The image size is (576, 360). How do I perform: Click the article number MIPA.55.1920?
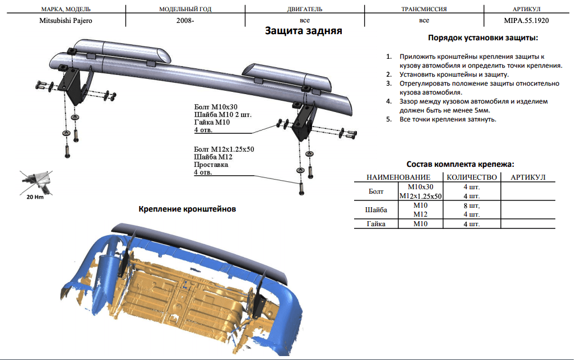pos(526,20)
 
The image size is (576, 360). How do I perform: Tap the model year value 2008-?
pos(184,20)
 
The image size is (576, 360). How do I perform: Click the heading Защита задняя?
pos(303,31)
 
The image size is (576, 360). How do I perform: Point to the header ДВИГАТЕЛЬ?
pos(305,10)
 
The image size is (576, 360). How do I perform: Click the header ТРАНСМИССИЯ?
pos(424,10)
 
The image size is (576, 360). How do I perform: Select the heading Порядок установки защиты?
pos(482,38)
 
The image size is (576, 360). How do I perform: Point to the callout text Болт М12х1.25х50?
pos(224,149)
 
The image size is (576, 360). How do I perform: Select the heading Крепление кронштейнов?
pos(187,209)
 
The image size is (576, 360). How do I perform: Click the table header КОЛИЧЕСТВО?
pos(471,177)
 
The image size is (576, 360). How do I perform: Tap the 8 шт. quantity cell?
pos(471,205)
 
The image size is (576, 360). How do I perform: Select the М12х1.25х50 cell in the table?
pos(420,196)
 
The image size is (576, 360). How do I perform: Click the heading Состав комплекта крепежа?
pos(460,165)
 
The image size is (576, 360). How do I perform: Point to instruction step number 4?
pos(389,102)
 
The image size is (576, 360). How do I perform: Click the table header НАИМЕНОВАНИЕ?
pos(398,177)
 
